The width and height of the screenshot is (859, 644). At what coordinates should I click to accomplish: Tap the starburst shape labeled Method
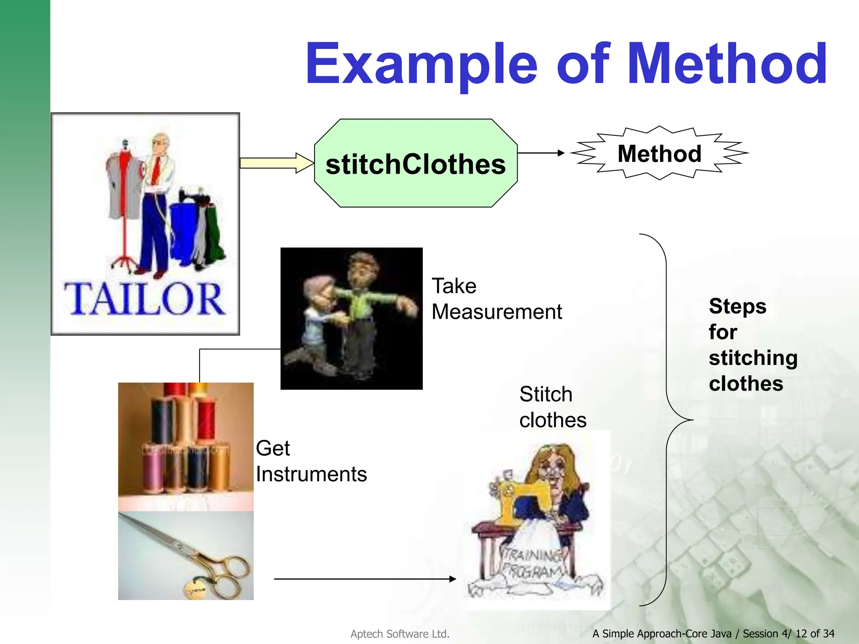pos(659,153)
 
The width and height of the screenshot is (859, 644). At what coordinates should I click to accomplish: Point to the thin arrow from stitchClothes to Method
pos(541,153)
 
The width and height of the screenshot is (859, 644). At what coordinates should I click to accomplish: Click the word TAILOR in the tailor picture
pos(144,299)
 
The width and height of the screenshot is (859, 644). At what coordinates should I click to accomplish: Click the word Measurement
pos(497,312)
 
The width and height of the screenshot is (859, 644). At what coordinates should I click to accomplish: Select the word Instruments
pos(311,474)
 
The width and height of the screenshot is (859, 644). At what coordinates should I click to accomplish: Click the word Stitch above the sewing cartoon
pos(546,394)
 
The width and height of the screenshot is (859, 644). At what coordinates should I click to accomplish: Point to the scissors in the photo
pos(189,553)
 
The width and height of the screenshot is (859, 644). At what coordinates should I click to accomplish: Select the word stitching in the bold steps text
pos(753,358)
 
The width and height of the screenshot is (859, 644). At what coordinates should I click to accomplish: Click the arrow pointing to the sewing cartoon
pos(365,579)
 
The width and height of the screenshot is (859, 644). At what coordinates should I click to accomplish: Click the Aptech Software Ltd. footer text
pos(400,634)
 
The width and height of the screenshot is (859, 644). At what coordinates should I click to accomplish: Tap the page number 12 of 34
pos(815,634)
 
